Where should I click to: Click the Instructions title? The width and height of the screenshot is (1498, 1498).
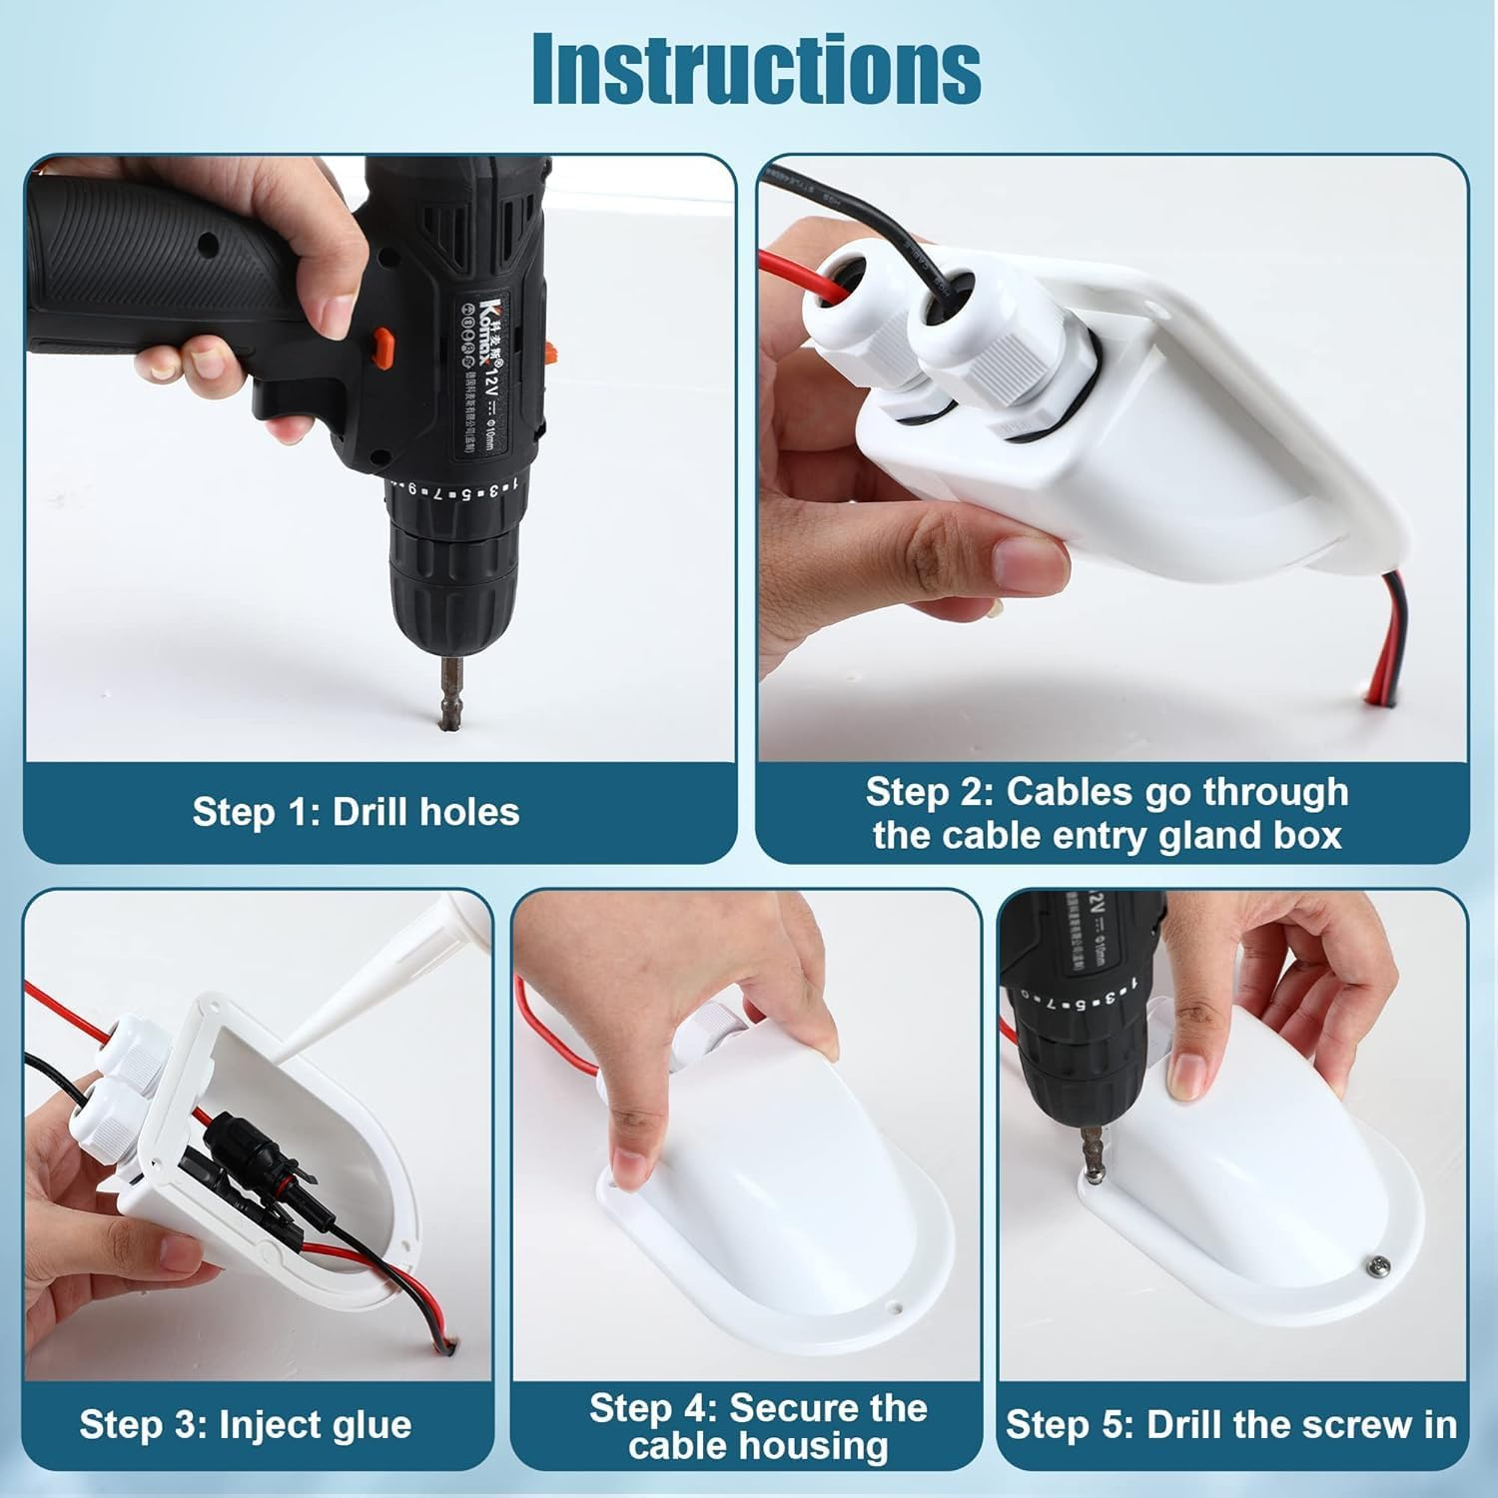(x=756, y=69)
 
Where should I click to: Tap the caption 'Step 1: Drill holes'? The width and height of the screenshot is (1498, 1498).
(x=356, y=812)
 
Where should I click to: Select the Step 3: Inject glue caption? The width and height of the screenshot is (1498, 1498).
(x=245, y=1424)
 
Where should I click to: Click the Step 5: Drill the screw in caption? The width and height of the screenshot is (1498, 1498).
(x=1231, y=1424)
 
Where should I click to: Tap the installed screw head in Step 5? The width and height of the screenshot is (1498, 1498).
(x=1376, y=1264)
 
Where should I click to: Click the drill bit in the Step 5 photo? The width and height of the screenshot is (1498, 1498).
(x=1093, y=1148)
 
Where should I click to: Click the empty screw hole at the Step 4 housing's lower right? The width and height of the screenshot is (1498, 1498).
(x=898, y=1305)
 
